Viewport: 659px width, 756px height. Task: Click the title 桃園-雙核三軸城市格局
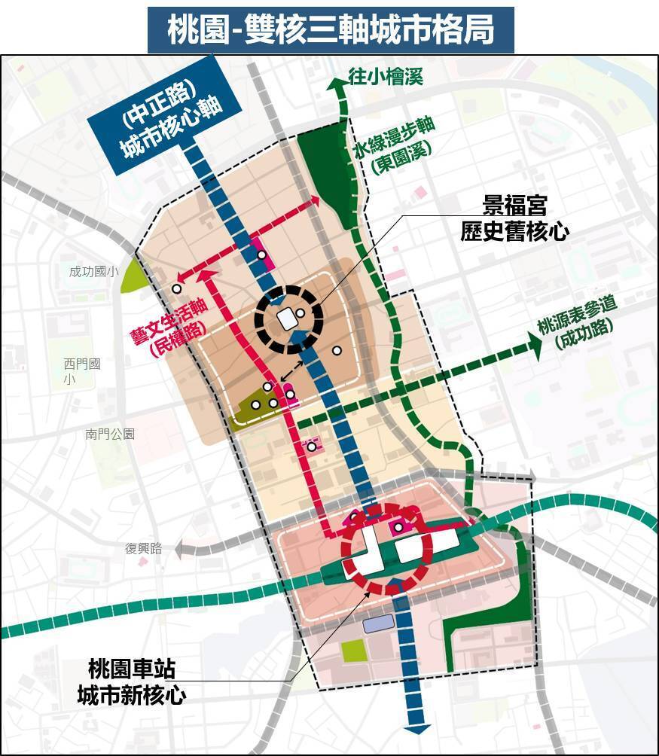(330, 30)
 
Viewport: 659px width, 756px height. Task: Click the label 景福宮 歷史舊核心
(514, 218)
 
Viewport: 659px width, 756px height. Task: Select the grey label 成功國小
(93, 272)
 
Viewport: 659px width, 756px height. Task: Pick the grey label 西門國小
(82, 371)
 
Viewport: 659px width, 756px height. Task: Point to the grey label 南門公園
(110, 434)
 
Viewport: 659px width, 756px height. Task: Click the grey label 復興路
(144, 549)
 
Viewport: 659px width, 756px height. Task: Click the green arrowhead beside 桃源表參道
(535, 345)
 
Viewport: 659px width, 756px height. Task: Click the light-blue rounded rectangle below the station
(378, 623)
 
